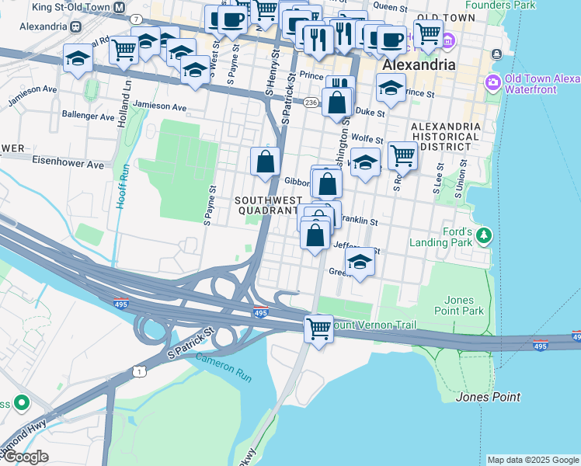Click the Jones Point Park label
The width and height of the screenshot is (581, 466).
click(x=464, y=305)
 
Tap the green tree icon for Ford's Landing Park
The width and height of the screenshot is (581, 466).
click(x=485, y=234)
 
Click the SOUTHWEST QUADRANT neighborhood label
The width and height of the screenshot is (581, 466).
click(x=266, y=205)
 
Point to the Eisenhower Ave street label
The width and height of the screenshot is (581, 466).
click(x=68, y=165)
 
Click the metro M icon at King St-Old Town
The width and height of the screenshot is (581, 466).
click(x=119, y=7)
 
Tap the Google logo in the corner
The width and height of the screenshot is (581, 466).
click(x=25, y=457)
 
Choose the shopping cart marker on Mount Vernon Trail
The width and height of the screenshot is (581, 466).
click(x=318, y=328)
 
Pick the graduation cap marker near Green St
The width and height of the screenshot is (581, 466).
click(x=360, y=262)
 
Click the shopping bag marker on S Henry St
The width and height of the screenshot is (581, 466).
click(x=266, y=162)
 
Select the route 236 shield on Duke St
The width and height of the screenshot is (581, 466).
click(x=311, y=103)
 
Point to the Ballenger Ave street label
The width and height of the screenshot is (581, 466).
click(x=88, y=116)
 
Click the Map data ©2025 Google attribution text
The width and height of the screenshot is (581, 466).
click(x=533, y=460)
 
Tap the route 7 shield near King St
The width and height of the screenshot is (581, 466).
click(x=137, y=18)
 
